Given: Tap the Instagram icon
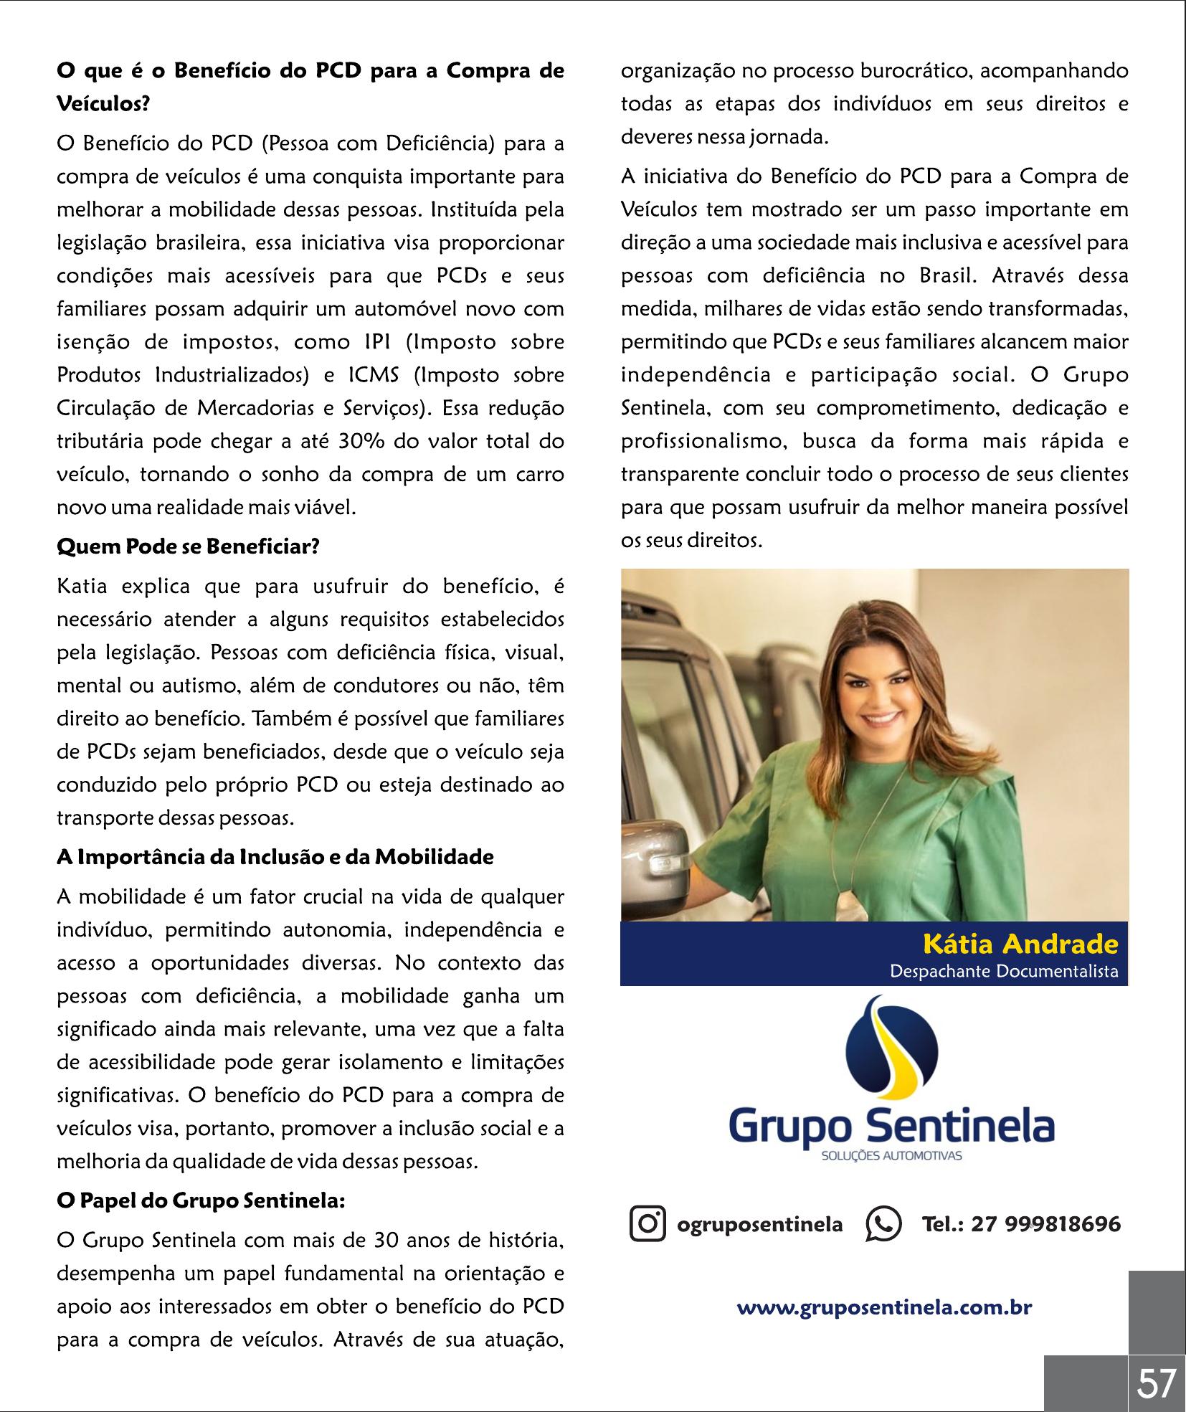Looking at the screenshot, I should coord(647,1224).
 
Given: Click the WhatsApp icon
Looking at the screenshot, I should coord(883,1224).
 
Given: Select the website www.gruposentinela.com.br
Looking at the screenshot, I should coord(884,1307).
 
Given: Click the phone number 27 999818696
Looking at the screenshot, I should coord(1045,1224).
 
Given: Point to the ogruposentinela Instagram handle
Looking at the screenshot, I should coord(759,1224).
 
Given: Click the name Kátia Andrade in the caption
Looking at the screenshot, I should coord(1020,944).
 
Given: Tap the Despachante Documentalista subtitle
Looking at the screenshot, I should coord(1003,972).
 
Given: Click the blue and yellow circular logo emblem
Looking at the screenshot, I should coord(891,1053).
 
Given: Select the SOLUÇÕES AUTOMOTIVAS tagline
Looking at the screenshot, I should coord(891,1156).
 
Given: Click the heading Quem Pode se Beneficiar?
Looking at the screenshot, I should coord(188,547).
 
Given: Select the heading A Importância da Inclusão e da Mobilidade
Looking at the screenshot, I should coord(275,857).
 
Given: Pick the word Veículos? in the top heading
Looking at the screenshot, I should coord(103,105).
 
